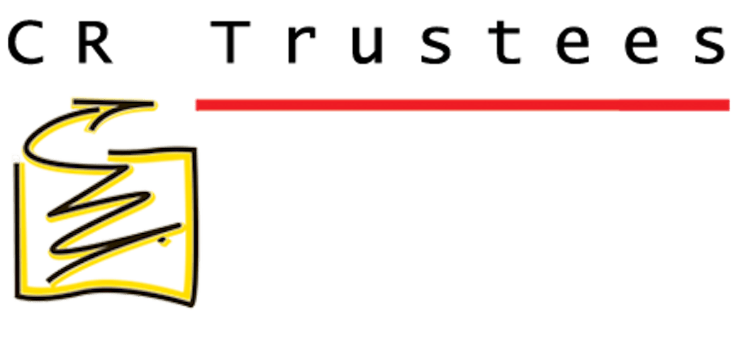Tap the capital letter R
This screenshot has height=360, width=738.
pos(96,43)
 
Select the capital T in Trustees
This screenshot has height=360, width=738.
pos(230,43)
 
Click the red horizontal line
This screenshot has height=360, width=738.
pos(463,105)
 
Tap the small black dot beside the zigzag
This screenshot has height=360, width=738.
pos(164,242)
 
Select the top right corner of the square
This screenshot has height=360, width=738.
pos(194,150)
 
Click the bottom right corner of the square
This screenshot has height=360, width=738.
pos(191,305)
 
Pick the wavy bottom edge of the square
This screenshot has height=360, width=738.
pos(104,287)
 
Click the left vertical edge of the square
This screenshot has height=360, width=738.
pos(18,230)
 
